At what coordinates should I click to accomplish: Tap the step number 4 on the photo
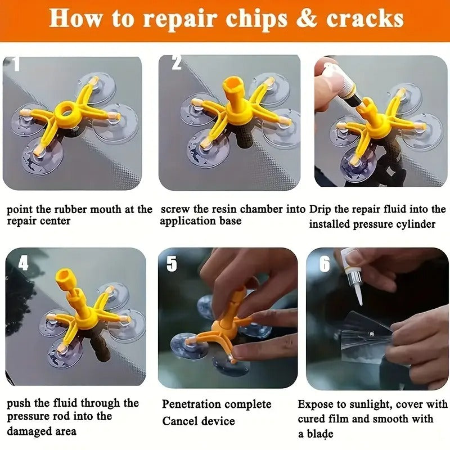coord(22,263)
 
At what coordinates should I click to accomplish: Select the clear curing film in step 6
coord(366,332)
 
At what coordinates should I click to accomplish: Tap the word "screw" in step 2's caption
coord(176,209)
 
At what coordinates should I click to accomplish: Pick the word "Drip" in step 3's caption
coord(321,209)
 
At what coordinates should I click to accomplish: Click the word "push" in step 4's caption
coord(20,403)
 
